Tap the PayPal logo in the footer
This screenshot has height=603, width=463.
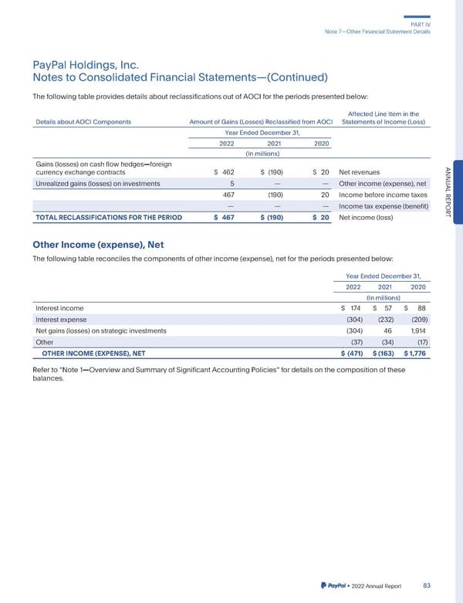[331, 586]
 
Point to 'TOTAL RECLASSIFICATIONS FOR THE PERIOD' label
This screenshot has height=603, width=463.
[109, 218]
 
